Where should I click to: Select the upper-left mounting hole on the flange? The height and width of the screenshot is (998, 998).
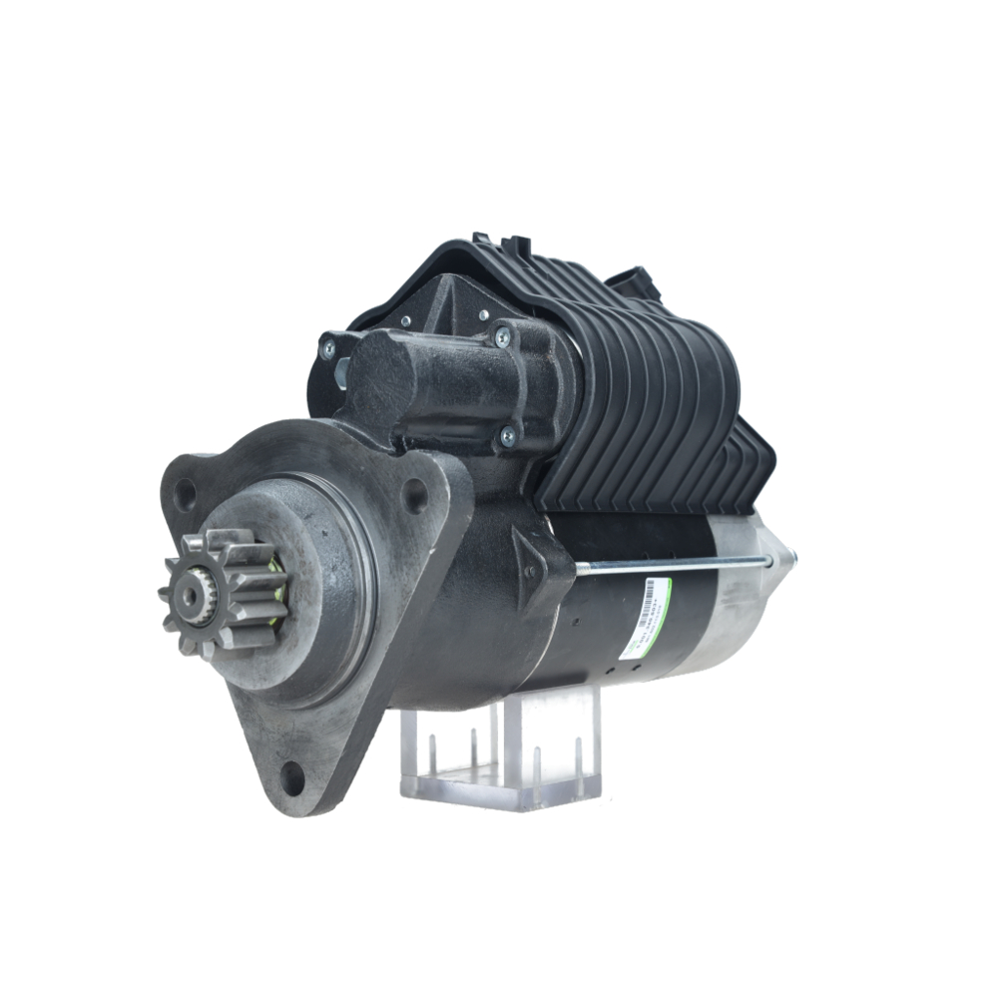point(185,493)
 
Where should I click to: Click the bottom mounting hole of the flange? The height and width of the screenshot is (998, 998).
point(291,773)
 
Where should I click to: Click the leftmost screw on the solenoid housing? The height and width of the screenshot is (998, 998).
point(328,348)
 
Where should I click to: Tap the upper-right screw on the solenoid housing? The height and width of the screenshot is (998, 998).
point(501,336)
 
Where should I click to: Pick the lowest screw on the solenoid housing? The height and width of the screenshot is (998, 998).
point(509,434)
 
